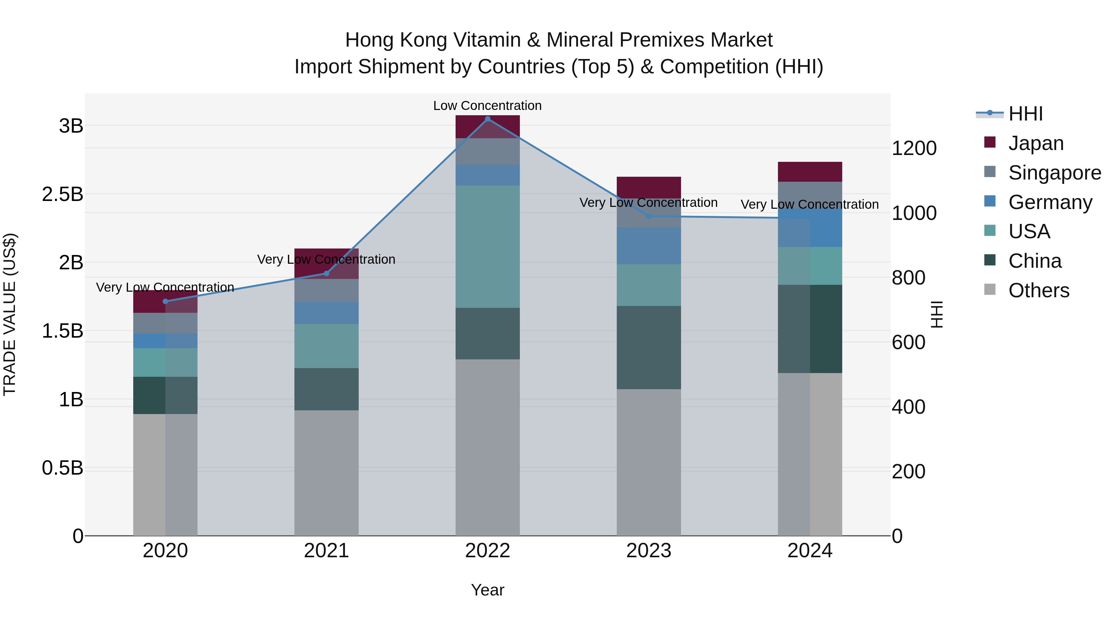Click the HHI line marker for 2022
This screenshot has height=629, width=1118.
[487, 119]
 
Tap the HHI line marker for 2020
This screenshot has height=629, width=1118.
[165, 301]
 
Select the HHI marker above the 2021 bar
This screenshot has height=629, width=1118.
[326, 273]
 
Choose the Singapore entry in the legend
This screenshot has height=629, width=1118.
[1054, 173]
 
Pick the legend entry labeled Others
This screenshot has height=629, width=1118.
[1038, 290]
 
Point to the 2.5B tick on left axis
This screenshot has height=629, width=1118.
[62, 194]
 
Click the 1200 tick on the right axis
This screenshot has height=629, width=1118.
[914, 148]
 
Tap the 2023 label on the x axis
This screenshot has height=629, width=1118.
[648, 551]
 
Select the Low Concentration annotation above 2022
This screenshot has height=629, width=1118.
[487, 106]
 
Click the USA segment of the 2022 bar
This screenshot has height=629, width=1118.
[487, 247]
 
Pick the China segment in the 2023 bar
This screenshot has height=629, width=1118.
[648, 347]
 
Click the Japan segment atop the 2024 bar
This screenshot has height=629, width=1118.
[810, 171]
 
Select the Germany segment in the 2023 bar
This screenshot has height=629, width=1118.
[648, 246]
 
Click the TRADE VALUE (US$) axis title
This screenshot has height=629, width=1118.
[10, 314]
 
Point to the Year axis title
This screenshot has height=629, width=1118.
[487, 590]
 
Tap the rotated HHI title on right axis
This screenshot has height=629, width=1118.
[938, 314]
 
